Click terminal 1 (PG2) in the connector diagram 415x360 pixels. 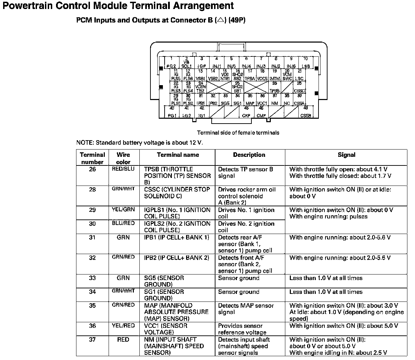click(x=172, y=63)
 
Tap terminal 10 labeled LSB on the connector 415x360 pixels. click(x=305, y=63)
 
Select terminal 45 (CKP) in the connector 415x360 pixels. click(x=246, y=112)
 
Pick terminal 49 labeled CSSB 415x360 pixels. click(x=305, y=112)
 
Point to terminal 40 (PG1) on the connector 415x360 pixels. click(x=172, y=112)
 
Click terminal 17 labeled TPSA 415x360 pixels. click(x=250, y=75)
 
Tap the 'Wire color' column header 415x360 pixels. click(x=123, y=158)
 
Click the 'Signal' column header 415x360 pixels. click(x=346, y=155)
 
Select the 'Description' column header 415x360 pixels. click(x=249, y=155)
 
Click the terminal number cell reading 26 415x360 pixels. click(x=92, y=169)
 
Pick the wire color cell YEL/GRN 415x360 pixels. click(x=123, y=209)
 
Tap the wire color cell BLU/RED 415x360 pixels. click(x=123, y=223)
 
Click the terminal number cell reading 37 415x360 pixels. click(x=92, y=340)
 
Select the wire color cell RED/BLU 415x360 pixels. click(x=123, y=169)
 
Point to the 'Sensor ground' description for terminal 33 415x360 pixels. click(x=239, y=278)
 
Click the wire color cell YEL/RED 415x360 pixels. click(x=123, y=326)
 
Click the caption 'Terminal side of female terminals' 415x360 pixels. click(x=238, y=133)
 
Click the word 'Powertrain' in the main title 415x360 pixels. click(x=28, y=6)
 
